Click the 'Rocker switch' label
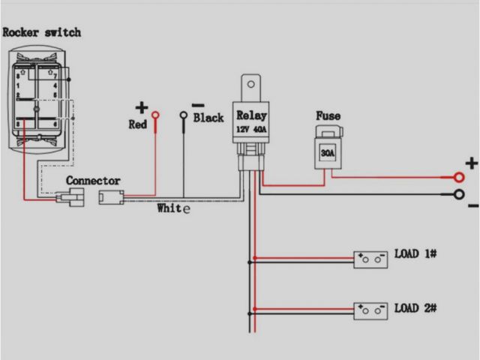(x=41, y=33)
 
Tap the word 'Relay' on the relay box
(x=250, y=115)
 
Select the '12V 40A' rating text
(x=250, y=129)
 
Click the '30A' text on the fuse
(x=327, y=154)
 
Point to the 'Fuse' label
(x=327, y=116)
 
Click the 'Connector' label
(x=93, y=181)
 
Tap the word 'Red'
(x=138, y=124)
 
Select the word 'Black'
(x=208, y=118)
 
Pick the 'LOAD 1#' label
(x=415, y=254)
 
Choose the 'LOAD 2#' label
(x=415, y=308)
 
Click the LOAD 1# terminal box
(x=370, y=259)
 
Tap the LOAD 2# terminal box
(x=370, y=310)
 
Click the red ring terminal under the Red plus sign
(x=156, y=115)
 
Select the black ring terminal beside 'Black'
(x=184, y=115)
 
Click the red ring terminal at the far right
(x=457, y=178)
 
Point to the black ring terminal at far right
(x=457, y=195)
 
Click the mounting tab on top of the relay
(x=250, y=84)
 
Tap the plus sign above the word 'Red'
(x=142, y=107)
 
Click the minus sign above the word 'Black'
(x=197, y=105)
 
